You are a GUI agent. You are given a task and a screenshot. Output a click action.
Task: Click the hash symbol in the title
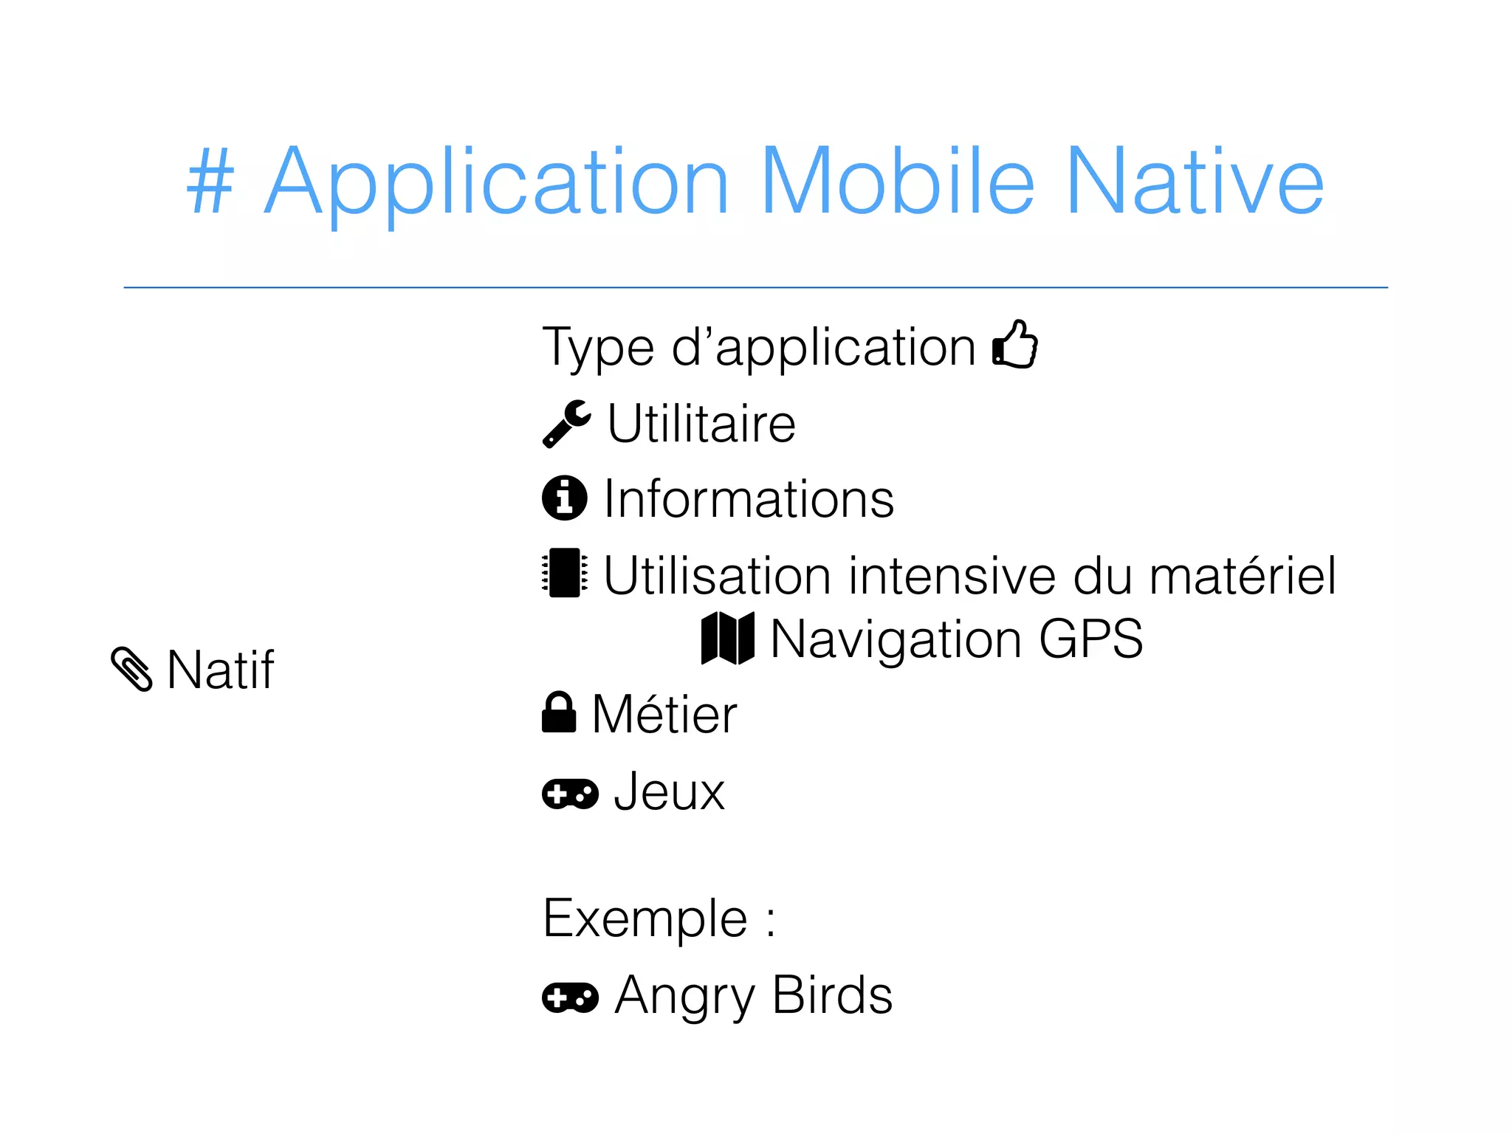coord(210,182)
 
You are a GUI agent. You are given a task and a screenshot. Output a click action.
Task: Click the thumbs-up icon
coord(1015,344)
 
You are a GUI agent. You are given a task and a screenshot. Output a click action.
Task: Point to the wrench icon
coord(566,424)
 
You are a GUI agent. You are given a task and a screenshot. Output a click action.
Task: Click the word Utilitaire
coord(701,424)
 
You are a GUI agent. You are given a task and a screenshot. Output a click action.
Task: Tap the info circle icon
coord(565,498)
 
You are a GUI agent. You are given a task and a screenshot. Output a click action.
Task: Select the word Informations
coord(749,499)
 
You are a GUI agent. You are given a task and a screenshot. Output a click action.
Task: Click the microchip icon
coord(565,573)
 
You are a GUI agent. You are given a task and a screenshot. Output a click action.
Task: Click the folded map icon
coord(728,638)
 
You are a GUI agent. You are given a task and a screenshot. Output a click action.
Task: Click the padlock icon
coord(559,712)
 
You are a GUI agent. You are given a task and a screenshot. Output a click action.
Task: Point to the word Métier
coord(664,715)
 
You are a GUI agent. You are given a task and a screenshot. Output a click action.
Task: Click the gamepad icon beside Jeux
coord(570,794)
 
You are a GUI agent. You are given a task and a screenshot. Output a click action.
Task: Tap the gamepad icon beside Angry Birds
coord(570,997)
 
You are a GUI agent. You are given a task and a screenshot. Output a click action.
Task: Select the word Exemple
coord(645,918)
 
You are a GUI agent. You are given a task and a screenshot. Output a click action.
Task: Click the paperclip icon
coord(132,669)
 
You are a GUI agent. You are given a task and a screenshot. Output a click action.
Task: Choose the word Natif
coord(221,670)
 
